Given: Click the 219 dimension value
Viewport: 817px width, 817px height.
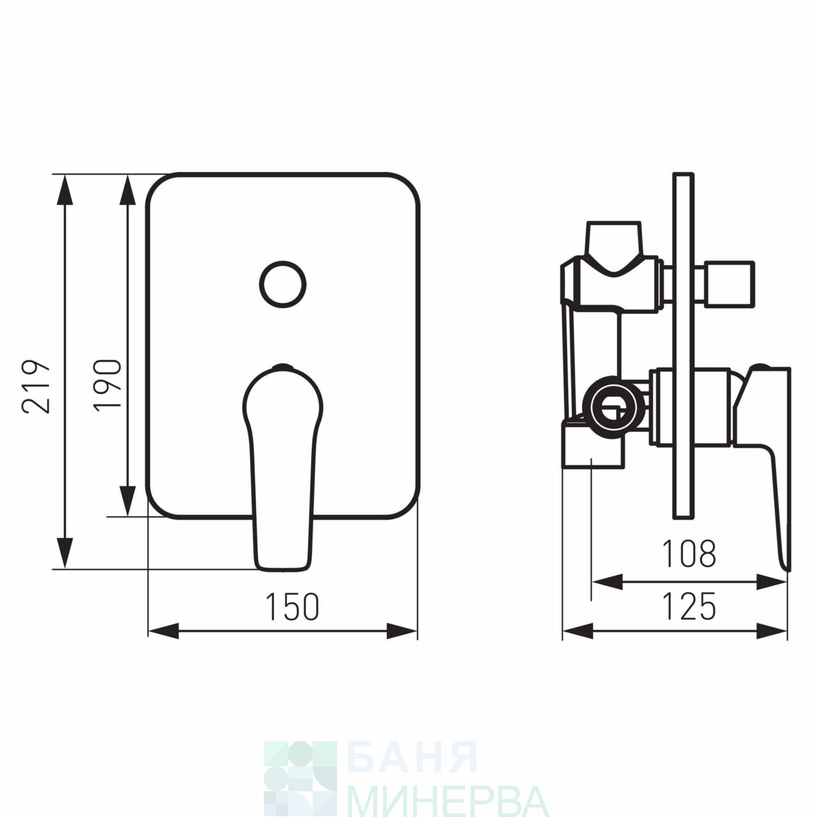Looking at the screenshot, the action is pos(36,386).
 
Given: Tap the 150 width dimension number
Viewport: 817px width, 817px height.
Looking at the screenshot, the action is pos(292,607).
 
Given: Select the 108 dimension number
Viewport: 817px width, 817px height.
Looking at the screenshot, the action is pos(689,553).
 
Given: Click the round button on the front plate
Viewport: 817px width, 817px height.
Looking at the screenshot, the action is pos(283,283).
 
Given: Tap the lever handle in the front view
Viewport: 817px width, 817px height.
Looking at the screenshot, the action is pos(283,467).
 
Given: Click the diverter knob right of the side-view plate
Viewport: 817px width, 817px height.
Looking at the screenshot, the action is pos(725,283).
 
